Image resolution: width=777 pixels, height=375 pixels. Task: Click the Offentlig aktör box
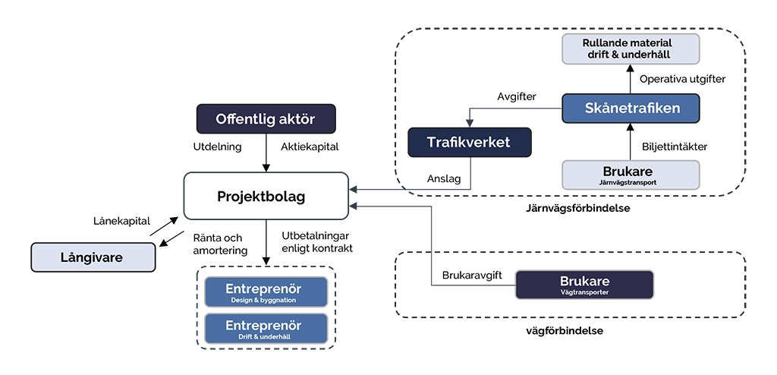coord(265,119)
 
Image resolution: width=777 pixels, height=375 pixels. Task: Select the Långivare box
coord(93,257)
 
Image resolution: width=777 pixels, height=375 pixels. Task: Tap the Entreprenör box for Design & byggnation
coord(265,292)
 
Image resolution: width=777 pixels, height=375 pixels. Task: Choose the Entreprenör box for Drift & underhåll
coord(265,329)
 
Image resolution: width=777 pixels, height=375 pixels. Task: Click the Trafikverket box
coord(468,143)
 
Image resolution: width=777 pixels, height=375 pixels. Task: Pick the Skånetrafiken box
coord(631,109)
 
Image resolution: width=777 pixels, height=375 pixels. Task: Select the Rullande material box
coord(630,49)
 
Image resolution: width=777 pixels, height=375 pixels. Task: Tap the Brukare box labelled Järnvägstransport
coord(630,175)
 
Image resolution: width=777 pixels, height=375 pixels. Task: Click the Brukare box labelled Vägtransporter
coord(584,285)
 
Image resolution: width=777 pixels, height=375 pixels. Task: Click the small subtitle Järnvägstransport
coord(628,183)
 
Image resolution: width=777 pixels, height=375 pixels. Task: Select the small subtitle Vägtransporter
coord(584,292)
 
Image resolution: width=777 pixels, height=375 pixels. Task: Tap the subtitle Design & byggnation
coord(264,301)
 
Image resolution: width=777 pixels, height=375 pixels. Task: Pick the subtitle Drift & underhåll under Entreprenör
coord(264,336)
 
